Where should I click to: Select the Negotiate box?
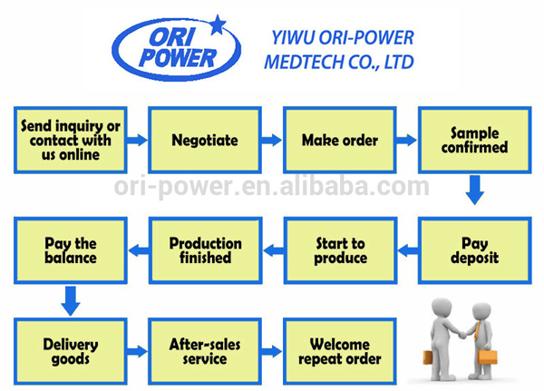click(x=205, y=141)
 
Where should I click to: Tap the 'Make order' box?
click(x=339, y=141)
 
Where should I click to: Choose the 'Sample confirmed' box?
click(x=473, y=141)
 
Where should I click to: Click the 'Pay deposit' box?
click(x=473, y=250)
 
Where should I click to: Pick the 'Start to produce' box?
click(x=339, y=250)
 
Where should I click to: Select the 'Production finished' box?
click(x=205, y=250)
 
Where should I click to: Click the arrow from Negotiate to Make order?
click(x=271, y=141)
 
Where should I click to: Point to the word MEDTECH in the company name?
click(x=301, y=63)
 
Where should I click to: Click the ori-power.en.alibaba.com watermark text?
click(x=272, y=189)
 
